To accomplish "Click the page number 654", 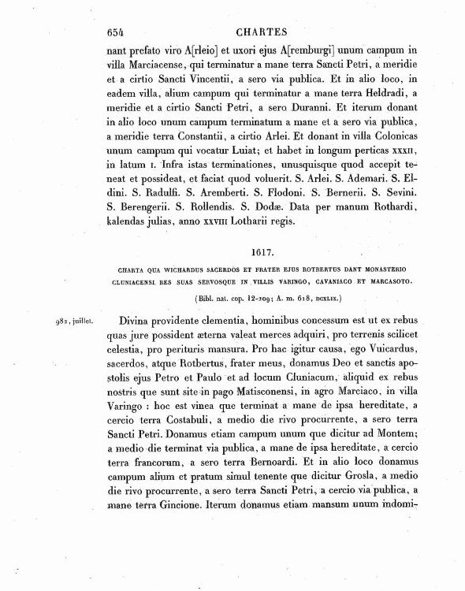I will coord(117,32).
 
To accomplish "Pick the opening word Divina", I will coord(140,322).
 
